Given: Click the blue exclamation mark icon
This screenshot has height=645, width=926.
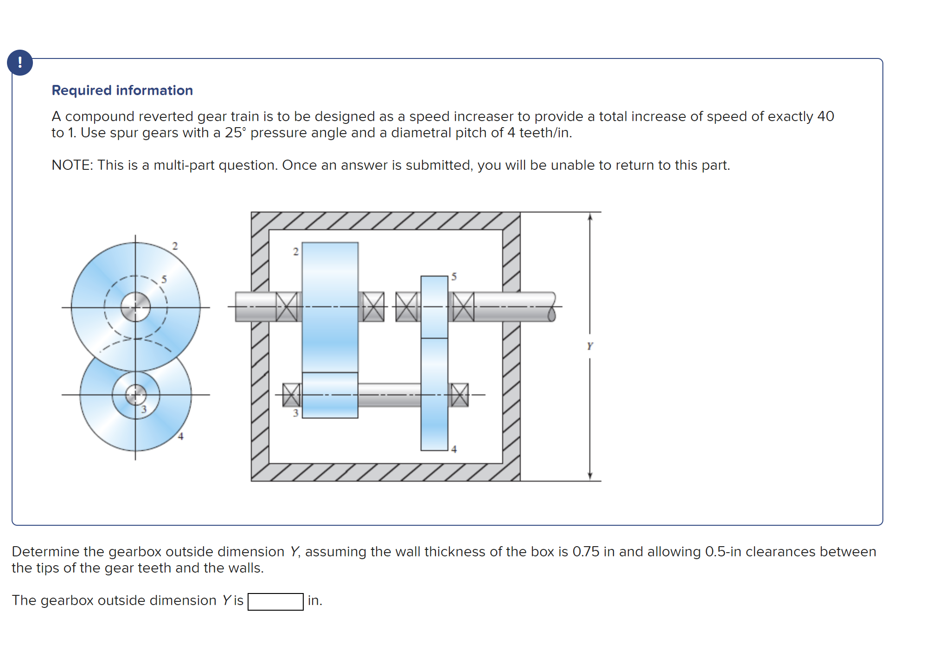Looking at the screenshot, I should pos(19,63).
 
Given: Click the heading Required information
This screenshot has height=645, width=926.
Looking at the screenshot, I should pos(122,90).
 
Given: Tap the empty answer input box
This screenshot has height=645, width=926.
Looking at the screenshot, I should pos(275,601).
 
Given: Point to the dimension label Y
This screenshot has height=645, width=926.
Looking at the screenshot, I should pos(589,346).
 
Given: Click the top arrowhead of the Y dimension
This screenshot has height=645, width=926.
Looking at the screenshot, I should pos(590,217).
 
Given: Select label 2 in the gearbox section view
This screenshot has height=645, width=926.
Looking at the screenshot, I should pos(296,252).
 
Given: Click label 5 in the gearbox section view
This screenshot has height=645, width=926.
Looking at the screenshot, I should pos(454,277).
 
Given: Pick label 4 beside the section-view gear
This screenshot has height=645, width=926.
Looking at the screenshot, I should pos(454,449).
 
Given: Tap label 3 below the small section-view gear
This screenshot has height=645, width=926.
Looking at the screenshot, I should pos(295,413).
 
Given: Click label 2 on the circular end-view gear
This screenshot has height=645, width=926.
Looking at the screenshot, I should pos(175,246).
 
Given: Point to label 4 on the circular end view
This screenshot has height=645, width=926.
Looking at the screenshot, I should pos(181,436).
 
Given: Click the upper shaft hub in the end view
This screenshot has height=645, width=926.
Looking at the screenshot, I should pos(135,307).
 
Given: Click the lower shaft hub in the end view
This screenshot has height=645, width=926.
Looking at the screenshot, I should pos(135,395).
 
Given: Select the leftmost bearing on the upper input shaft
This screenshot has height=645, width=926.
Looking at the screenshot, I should pos(287,307).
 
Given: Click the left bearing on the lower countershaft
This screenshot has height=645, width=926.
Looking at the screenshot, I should pos(291,395).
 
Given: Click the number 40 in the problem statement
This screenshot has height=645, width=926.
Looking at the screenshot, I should pos(825,116).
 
